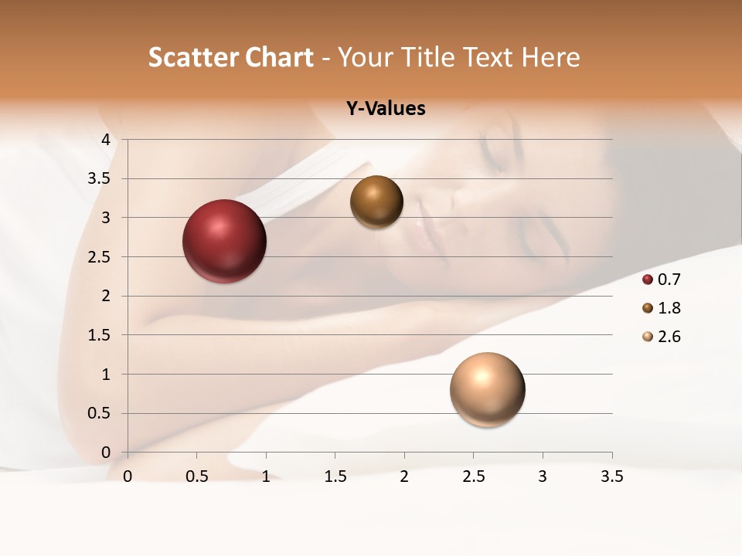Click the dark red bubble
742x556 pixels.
[225, 241]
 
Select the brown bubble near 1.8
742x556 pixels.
[376, 202]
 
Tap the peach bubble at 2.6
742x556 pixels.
[487, 389]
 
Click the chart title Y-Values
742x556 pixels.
[386, 109]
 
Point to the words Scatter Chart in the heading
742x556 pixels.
[230, 57]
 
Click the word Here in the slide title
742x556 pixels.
[550, 57]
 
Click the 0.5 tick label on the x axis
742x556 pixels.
[196, 476]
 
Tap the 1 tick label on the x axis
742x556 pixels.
[266, 476]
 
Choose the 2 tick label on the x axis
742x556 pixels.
[404, 476]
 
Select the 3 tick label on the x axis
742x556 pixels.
[543, 476]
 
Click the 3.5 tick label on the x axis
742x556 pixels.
[611, 476]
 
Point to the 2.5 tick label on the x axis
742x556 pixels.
[473, 476]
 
